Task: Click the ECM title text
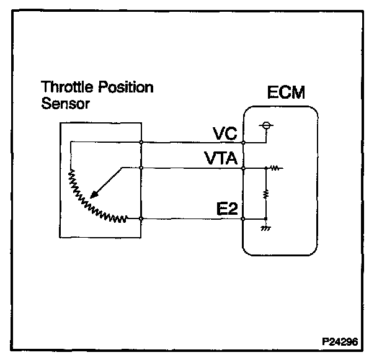[287, 94]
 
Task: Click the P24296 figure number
[340, 341]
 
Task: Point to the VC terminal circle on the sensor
[142, 142]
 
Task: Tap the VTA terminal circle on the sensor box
[142, 168]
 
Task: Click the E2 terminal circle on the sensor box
[142, 218]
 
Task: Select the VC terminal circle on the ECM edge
[243, 142]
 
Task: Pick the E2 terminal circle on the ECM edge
[243, 218]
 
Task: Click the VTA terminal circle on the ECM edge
[243, 168]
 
